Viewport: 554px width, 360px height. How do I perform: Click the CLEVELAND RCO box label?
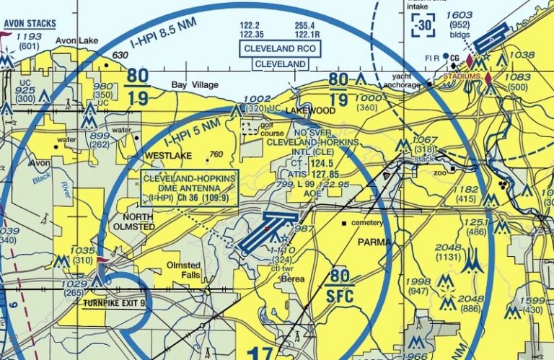[280, 48]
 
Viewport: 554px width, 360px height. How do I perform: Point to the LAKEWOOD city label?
[310, 111]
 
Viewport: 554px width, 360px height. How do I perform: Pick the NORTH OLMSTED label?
[138, 221]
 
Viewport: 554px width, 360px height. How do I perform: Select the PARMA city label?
[374, 242]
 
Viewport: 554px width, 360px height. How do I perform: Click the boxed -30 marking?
[423, 27]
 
